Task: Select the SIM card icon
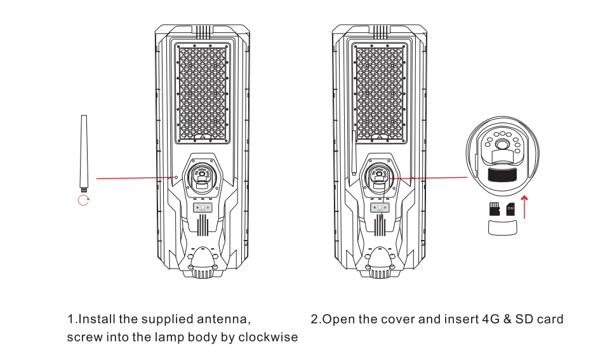510,210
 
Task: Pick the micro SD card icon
493,210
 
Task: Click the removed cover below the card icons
502,228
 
